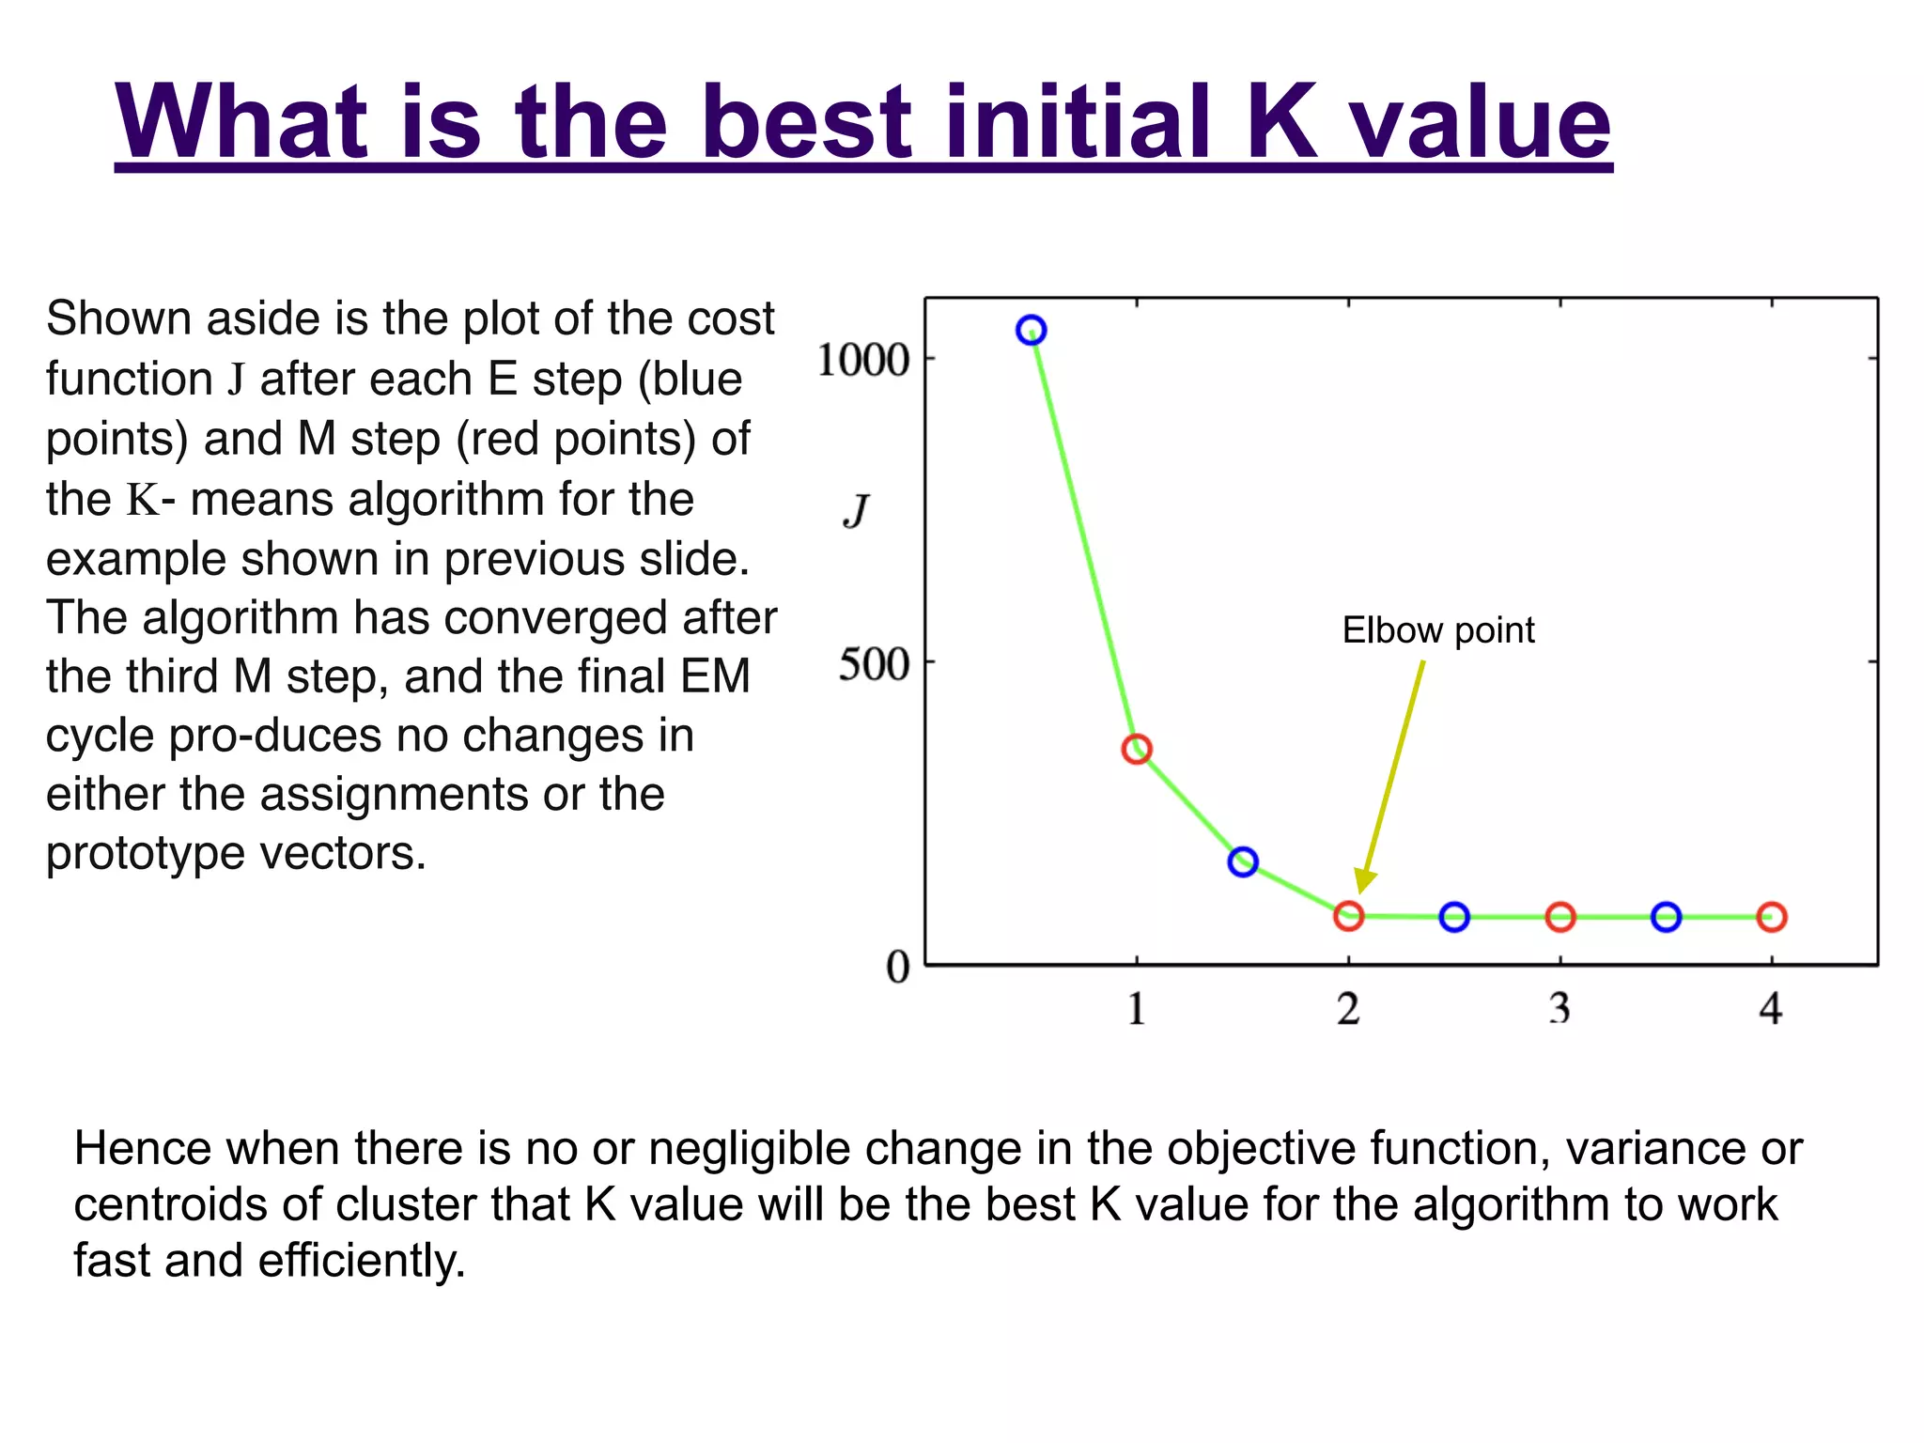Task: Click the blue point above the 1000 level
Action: (x=1032, y=331)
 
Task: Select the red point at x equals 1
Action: (x=1137, y=749)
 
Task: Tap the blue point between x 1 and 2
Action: (x=1243, y=861)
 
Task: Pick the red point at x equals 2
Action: (x=1348, y=916)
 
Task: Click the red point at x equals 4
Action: (x=1772, y=917)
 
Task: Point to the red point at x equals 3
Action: (x=1560, y=917)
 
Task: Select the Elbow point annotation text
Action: (x=1437, y=630)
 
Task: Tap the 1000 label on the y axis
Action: (x=863, y=360)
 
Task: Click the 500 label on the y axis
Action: (x=874, y=665)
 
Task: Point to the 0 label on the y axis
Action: (x=898, y=967)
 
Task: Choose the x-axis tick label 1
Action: (x=1137, y=1009)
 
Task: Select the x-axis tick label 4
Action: (x=1771, y=1009)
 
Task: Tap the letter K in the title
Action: (x=1282, y=123)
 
